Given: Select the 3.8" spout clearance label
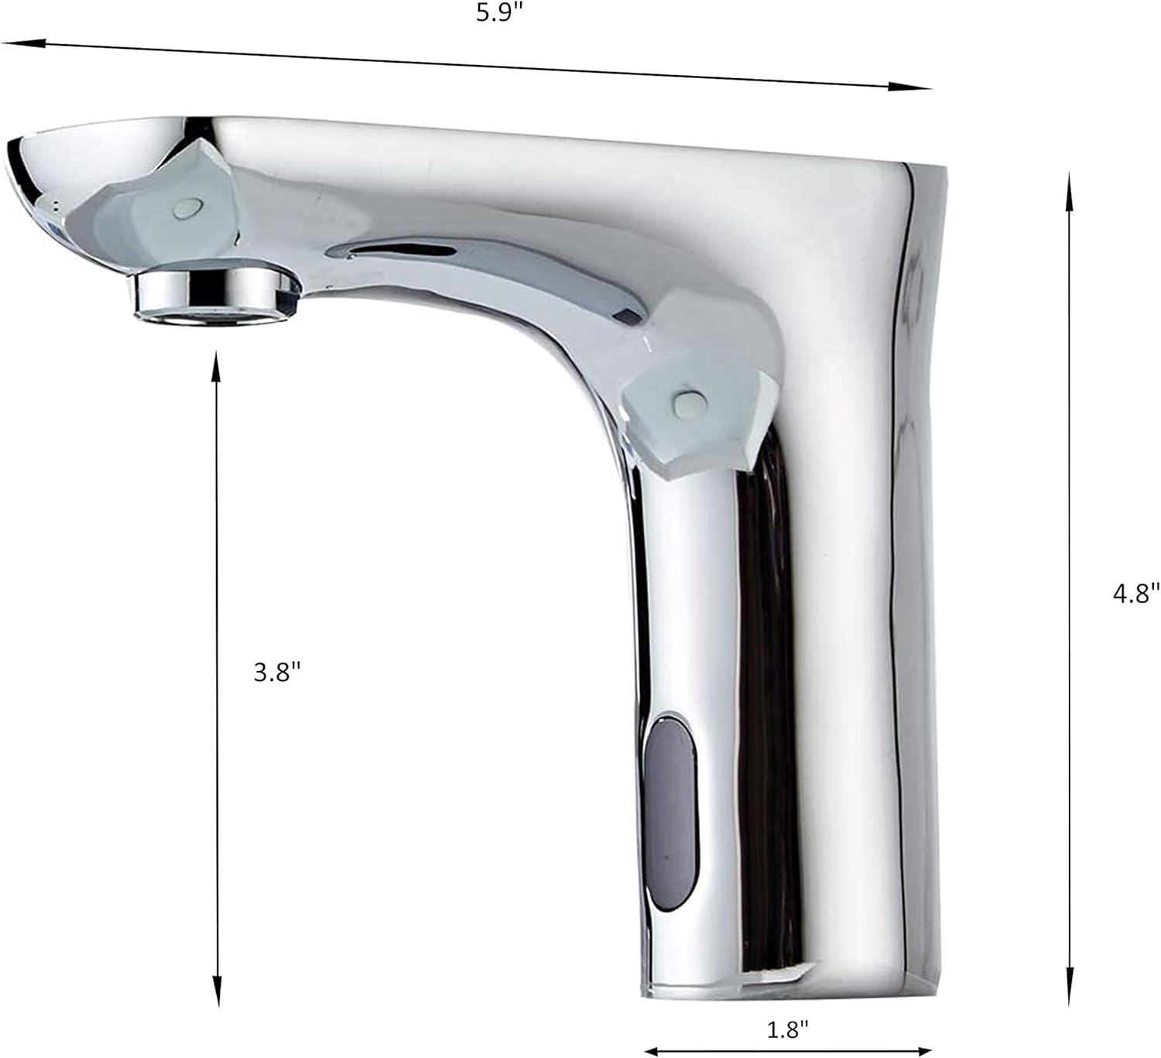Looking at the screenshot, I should (276, 673).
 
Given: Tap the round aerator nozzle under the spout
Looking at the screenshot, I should (217, 294).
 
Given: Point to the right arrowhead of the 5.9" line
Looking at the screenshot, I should (921, 87).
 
